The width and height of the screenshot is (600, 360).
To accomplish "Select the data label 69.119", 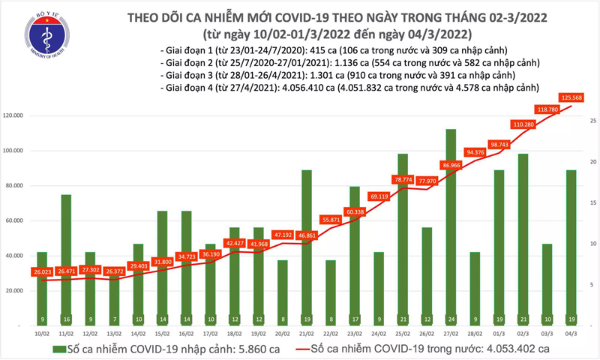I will tap(379, 196).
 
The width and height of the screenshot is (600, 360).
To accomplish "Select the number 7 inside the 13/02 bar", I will tap(113, 316).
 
